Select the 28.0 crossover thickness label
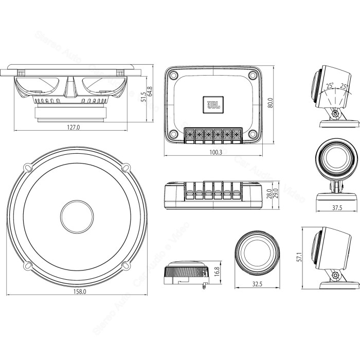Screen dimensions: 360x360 click(268, 195)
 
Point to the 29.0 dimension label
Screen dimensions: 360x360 click(275, 195)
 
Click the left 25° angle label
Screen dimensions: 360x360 click(329, 86)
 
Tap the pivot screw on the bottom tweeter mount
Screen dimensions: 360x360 click(335, 276)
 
